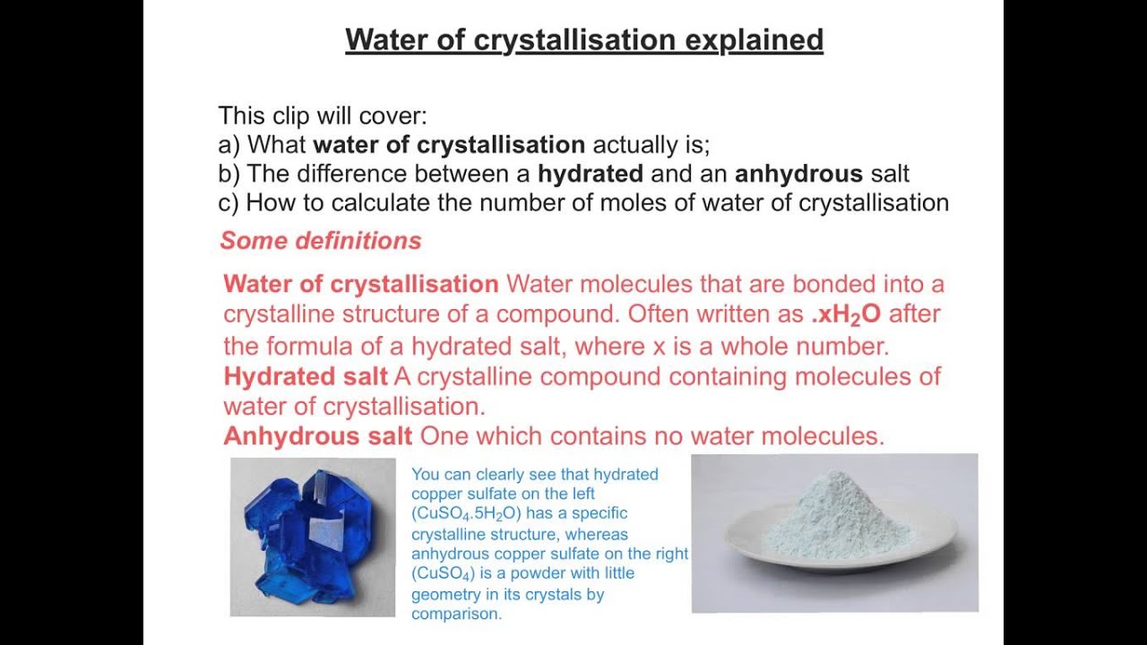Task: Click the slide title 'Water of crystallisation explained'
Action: tap(584, 40)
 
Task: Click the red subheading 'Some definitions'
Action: tap(320, 241)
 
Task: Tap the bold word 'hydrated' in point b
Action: tap(591, 174)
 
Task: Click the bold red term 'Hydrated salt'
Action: tap(306, 376)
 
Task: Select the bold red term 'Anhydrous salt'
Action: tap(317, 436)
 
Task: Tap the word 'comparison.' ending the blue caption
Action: tap(457, 614)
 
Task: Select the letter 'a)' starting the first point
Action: tap(229, 145)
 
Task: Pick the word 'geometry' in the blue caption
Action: tap(442, 594)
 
